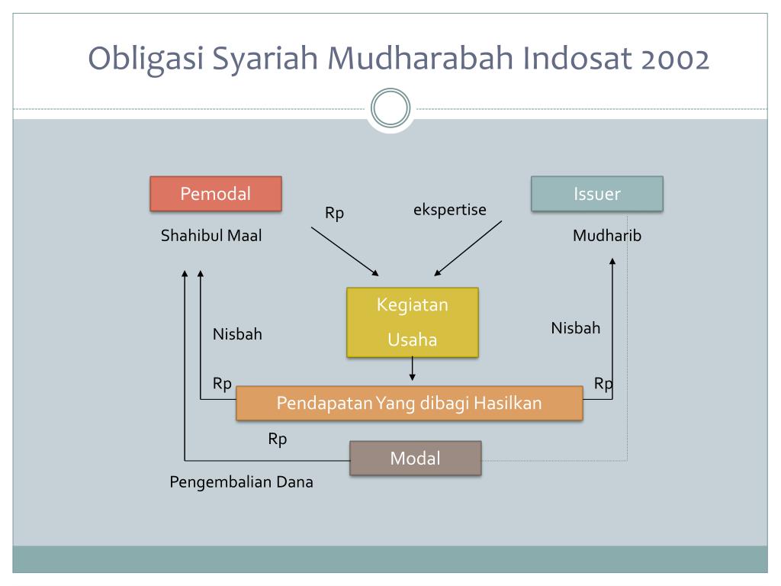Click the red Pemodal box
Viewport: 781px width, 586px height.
(x=216, y=194)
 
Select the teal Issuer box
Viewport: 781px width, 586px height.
(x=597, y=194)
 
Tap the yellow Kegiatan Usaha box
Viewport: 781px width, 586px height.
(x=413, y=322)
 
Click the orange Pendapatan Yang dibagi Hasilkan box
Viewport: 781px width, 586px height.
(x=410, y=403)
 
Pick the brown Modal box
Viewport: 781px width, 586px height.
(x=416, y=459)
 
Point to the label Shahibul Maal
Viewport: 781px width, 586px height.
(x=211, y=236)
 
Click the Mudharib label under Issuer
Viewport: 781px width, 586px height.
(x=607, y=236)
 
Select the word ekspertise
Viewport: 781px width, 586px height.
(x=450, y=210)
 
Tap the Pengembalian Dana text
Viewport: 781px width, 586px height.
(x=241, y=482)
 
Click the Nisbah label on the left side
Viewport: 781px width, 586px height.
(x=237, y=334)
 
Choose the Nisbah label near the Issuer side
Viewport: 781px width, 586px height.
(x=576, y=328)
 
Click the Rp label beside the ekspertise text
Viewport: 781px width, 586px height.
(x=335, y=214)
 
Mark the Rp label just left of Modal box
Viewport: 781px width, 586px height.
(x=278, y=439)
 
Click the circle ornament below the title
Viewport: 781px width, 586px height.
(x=390, y=108)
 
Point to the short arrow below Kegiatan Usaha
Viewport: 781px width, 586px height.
(x=413, y=369)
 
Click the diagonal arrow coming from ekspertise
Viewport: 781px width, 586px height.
(x=468, y=249)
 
